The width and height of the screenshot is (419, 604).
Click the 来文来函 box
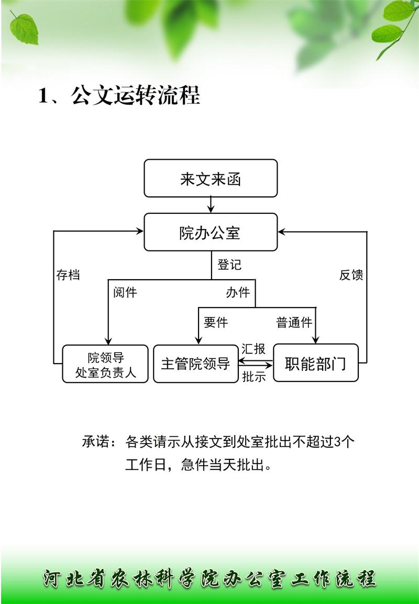coord(211,178)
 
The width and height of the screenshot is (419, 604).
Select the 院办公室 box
coord(211,232)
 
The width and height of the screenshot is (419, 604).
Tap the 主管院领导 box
coord(196,364)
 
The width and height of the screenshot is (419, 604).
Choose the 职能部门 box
coord(316,363)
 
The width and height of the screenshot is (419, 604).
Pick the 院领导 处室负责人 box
coord(105,364)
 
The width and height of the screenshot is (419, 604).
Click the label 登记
coord(229,265)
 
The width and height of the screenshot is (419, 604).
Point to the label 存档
coord(68,274)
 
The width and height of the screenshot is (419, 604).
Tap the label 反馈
coord(351,274)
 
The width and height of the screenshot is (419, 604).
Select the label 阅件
coord(125,292)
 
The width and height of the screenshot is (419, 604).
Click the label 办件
coord(238,292)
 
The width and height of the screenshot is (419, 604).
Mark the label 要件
coord(216,322)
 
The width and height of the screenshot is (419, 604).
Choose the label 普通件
coord(294,322)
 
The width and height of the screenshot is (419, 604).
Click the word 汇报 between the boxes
coord(253,348)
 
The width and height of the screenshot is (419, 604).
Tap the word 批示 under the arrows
coord(254,376)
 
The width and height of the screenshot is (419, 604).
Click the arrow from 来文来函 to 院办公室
coord(211,205)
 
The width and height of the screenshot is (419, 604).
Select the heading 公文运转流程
coord(135,95)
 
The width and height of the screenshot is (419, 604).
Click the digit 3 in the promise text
coord(337,442)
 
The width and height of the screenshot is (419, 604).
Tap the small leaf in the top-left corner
coord(24,29)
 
